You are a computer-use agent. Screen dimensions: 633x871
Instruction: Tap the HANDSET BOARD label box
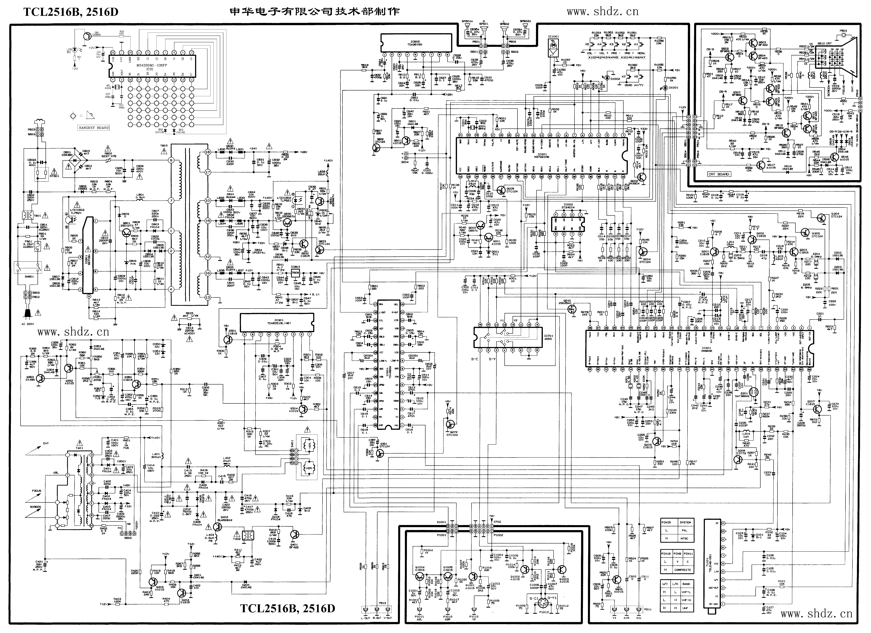[x=93, y=127]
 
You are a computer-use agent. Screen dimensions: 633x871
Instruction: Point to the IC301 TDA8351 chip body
[x=276, y=322]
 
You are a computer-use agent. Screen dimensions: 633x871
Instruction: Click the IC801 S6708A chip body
[x=88, y=255]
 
